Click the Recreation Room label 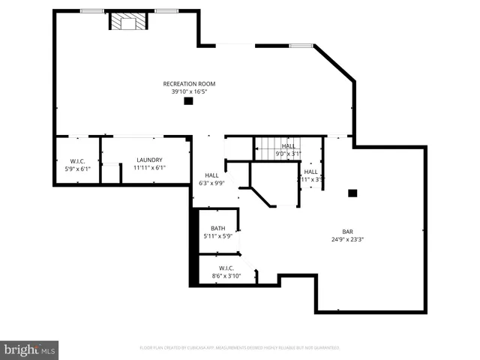click(189, 83)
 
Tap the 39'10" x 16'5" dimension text click(189, 91)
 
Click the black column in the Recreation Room click(188, 101)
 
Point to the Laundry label click(149, 160)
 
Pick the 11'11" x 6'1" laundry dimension click(149, 167)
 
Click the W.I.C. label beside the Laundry click(77, 160)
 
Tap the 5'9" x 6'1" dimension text click(77, 168)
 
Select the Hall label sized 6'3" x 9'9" click(212, 175)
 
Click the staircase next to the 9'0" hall click(266, 149)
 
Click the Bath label click(217, 229)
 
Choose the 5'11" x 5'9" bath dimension click(217, 236)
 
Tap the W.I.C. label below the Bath click(226, 268)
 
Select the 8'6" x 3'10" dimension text click(226, 275)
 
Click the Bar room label click(348, 232)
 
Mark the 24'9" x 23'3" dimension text click(348, 239)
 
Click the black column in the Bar click(352, 193)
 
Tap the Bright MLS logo click(29, 349)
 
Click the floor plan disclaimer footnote click(240, 348)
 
